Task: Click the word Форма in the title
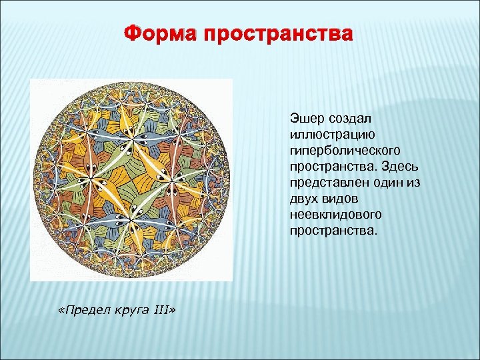pyautogui.click(x=162, y=33)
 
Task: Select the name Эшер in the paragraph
pyautogui.click(x=305, y=118)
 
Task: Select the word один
pyautogui.click(x=391, y=182)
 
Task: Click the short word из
pyautogui.click(x=418, y=182)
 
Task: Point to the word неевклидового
pyautogui.click(x=335, y=214)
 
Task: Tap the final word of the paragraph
pyautogui.click(x=333, y=230)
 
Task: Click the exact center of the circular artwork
pyautogui.click(x=132, y=179)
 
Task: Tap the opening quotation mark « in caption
pyautogui.click(x=61, y=312)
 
